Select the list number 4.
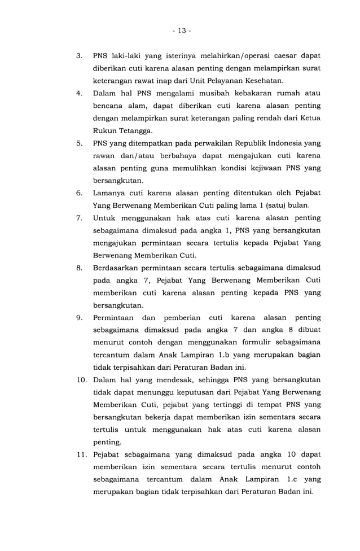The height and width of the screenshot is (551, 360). [80, 94]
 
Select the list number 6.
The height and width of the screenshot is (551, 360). [80, 193]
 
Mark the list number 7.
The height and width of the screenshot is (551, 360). [80, 218]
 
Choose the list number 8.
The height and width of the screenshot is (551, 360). [80, 268]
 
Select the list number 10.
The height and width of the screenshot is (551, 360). [81, 379]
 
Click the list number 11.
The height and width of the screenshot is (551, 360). [81, 454]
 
